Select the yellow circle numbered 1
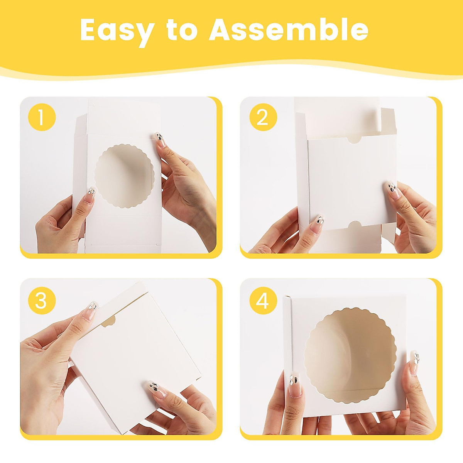42,117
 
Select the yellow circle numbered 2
263,117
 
